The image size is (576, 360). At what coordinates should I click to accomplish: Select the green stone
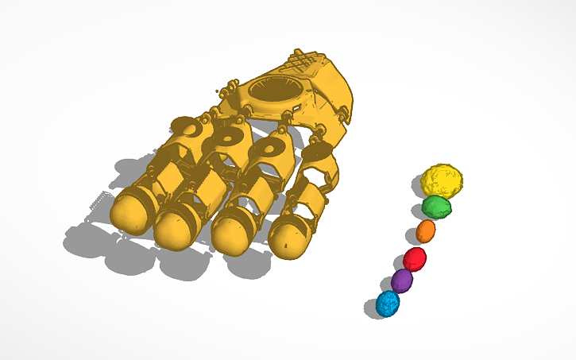click(x=437, y=207)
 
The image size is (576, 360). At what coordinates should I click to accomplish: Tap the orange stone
click(x=427, y=232)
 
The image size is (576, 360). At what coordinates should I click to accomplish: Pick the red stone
click(x=415, y=258)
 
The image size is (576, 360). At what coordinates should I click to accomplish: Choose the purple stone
click(x=403, y=281)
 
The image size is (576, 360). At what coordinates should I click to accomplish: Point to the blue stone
click(x=389, y=304)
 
